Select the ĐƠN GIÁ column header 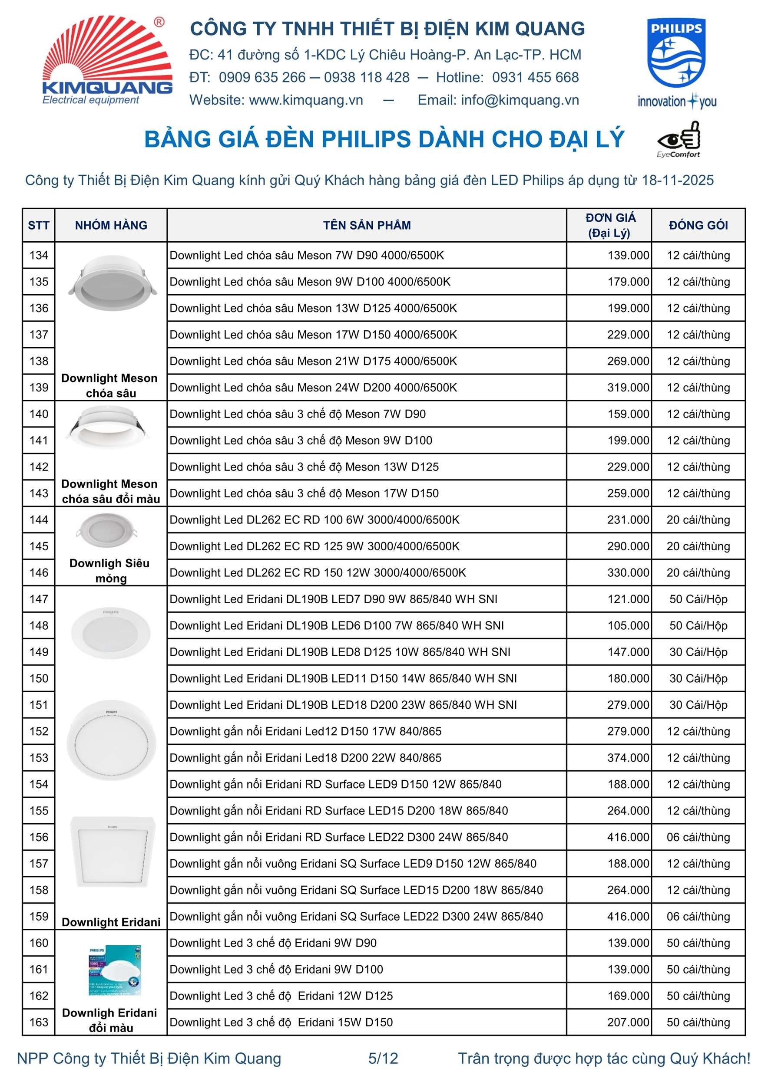pyautogui.click(x=609, y=225)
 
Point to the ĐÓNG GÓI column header pyautogui.click(x=698, y=225)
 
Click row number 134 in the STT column pyautogui.click(x=39, y=255)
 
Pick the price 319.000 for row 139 pyautogui.click(x=628, y=388)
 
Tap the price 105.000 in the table pyautogui.click(x=628, y=626)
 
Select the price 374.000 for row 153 pyautogui.click(x=628, y=758)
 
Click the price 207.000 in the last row pyautogui.click(x=628, y=1023)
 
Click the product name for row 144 pyautogui.click(x=314, y=520)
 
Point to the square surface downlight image pyautogui.click(x=113, y=852)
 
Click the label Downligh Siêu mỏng pyautogui.click(x=110, y=570)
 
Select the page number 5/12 pyautogui.click(x=383, y=1059)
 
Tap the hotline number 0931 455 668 pyautogui.click(x=535, y=78)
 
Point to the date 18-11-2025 pyautogui.click(x=677, y=181)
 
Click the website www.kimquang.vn pyautogui.click(x=306, y=100)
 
